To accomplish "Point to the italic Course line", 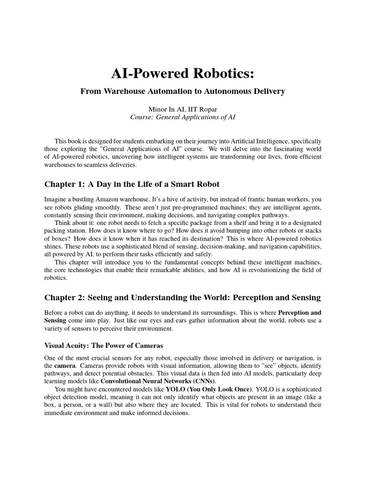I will [x=183, y=117].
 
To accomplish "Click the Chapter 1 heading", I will [x=132, y=184].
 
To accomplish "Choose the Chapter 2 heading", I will [x=183, y=297].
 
